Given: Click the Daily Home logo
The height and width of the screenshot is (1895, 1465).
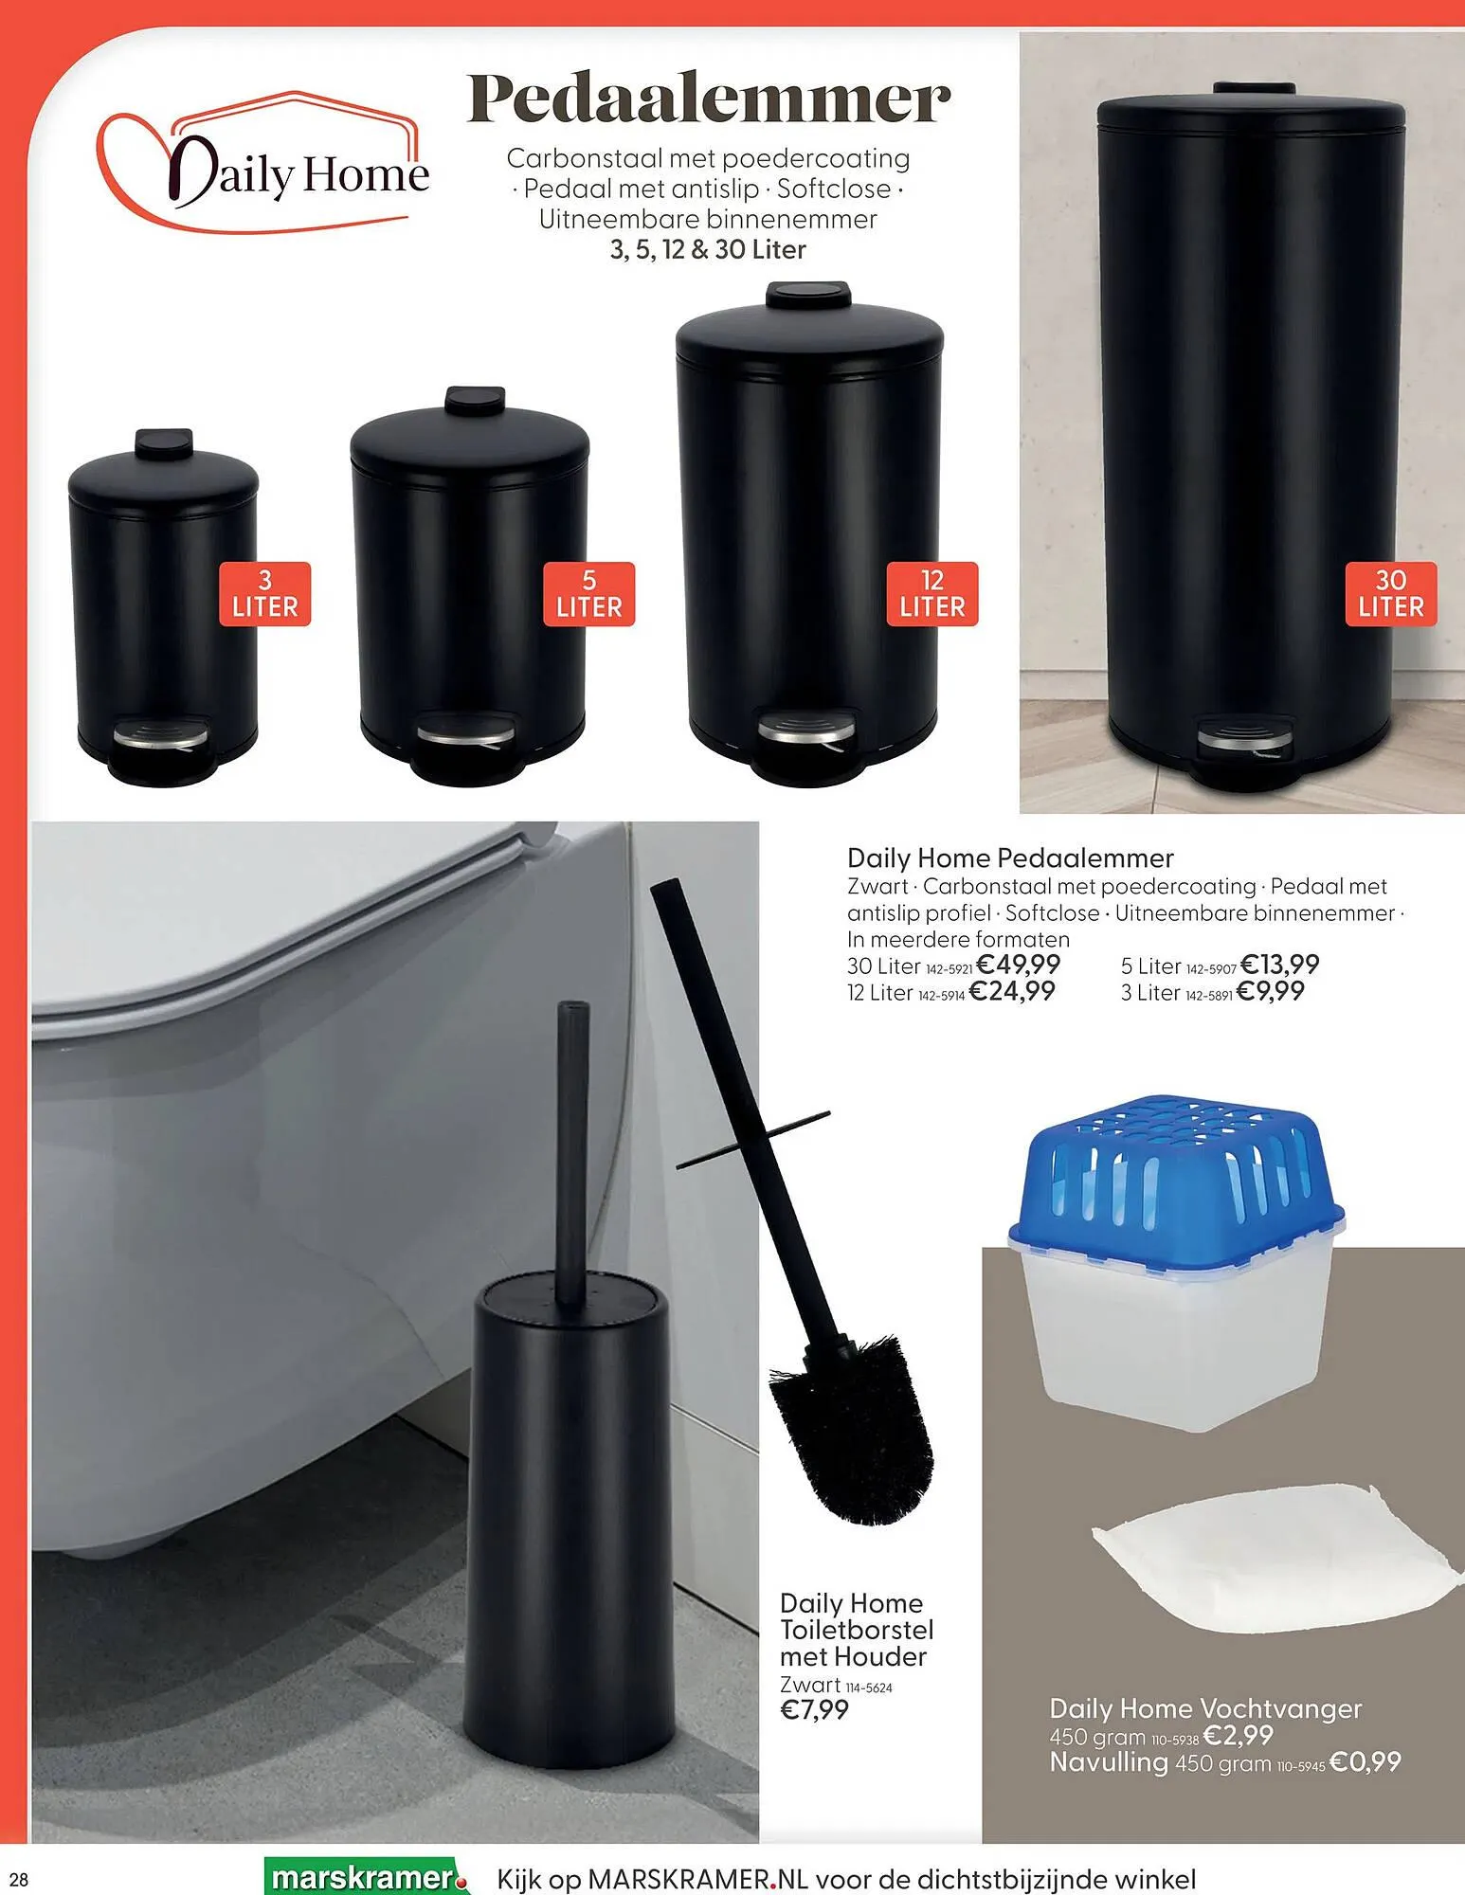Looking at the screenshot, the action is (262, 161).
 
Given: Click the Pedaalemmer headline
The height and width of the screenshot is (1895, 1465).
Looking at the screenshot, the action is (708, 99).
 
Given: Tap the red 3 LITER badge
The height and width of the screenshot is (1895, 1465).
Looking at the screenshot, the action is (265, 594).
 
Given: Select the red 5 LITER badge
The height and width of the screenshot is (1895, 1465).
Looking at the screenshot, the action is (588, 594).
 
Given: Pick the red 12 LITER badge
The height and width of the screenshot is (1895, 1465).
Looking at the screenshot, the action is (932, 594).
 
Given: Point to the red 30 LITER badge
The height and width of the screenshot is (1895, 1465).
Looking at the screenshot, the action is (1391, 594).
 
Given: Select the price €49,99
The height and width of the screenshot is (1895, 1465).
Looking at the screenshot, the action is (1018, 965).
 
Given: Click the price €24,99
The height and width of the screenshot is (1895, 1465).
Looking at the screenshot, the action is (1012, 991).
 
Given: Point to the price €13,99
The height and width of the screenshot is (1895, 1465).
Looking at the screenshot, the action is (1279, 965).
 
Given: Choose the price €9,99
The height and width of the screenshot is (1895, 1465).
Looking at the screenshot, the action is (1271, 991).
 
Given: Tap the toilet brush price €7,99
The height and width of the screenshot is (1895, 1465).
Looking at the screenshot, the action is (814, 1710).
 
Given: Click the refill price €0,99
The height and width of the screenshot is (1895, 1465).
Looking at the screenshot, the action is (1365, 1761).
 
